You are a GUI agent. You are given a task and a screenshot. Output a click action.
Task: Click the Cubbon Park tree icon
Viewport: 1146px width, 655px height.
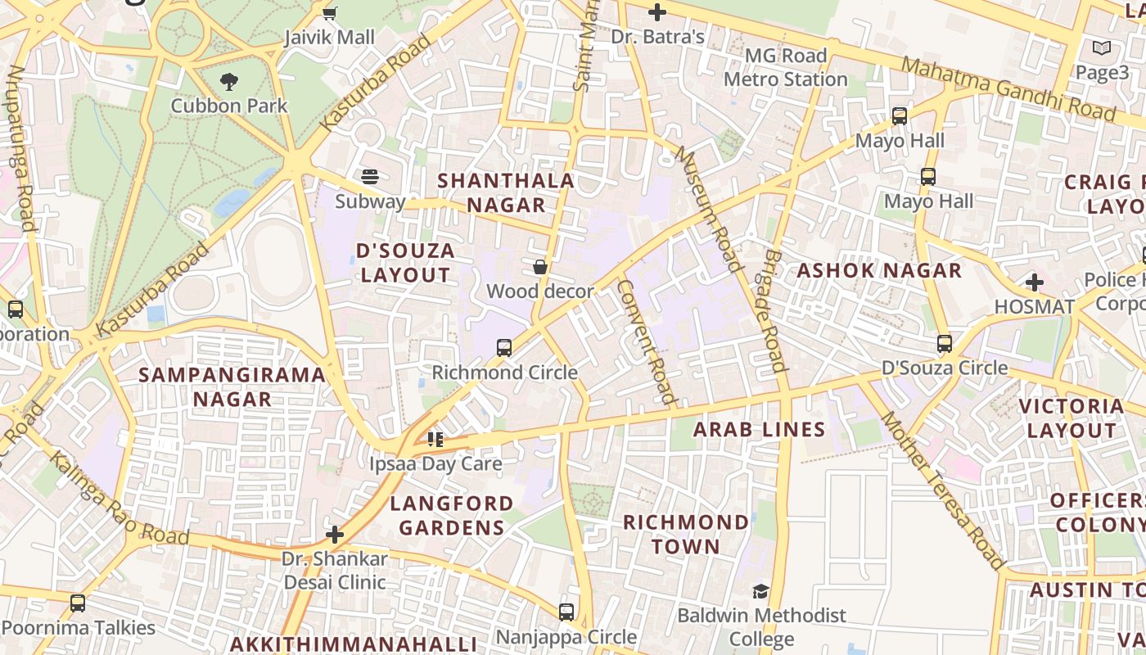[229, 81]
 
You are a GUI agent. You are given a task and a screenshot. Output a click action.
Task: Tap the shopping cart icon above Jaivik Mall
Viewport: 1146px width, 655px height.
[329, 12]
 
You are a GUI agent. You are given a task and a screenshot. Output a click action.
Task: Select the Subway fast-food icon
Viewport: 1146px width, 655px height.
[370, 176]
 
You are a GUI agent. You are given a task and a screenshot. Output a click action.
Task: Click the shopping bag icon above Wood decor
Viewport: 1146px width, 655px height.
[540, 266]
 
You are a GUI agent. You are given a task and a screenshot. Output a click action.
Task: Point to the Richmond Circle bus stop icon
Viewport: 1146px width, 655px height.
[504, 347]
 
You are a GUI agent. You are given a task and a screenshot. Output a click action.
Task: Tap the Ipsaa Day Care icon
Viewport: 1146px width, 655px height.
[435, 440]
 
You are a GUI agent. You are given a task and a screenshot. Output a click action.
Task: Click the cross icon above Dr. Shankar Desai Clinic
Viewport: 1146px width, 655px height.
[334, 535]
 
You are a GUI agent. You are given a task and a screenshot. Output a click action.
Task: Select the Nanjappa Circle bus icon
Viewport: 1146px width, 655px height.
[566, 612]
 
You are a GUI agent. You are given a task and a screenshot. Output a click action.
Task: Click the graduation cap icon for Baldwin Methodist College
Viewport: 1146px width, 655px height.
[760, 590]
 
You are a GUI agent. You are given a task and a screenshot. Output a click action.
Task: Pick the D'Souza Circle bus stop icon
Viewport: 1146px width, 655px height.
[945, 343]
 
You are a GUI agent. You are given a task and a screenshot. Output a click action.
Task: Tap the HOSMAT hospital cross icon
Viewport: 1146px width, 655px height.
[1034, 282]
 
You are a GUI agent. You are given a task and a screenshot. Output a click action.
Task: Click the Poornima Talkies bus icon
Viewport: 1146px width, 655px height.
[78, 603]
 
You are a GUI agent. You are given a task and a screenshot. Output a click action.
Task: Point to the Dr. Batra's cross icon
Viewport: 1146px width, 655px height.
[657, 12]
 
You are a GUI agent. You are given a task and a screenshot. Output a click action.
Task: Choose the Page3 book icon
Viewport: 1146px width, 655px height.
[1102, 48]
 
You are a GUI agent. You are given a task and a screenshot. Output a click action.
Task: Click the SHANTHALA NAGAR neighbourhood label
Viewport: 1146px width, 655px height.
[505, 192]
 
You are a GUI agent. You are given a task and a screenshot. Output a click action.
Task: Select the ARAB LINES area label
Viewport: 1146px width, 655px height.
[760, 429]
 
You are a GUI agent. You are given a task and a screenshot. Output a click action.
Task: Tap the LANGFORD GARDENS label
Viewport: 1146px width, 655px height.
[451, 515]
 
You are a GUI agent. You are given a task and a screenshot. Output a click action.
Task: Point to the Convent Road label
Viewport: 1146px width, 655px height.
[646, 342]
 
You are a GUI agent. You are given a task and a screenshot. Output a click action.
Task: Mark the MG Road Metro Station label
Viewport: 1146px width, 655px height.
[786, 67]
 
